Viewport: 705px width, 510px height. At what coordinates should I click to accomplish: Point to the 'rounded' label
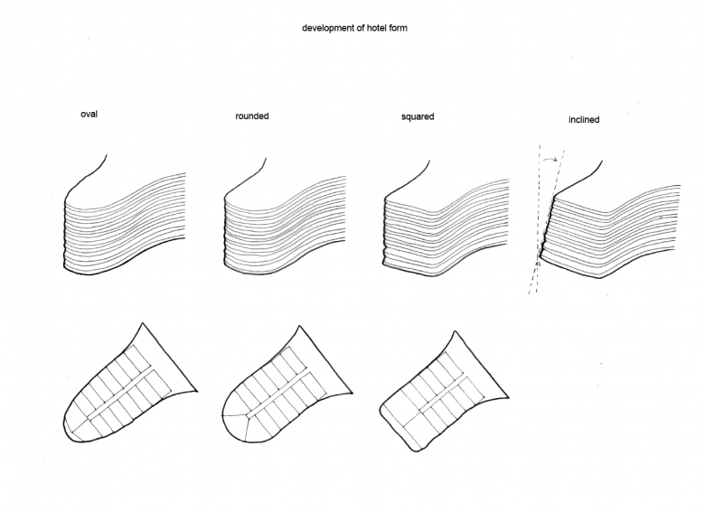251,116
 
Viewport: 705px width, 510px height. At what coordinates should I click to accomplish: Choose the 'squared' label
418,116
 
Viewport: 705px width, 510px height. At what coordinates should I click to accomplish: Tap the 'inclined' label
585,119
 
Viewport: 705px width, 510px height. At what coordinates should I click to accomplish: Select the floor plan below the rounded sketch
280,389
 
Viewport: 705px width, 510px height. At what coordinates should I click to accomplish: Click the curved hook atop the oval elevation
98,169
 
